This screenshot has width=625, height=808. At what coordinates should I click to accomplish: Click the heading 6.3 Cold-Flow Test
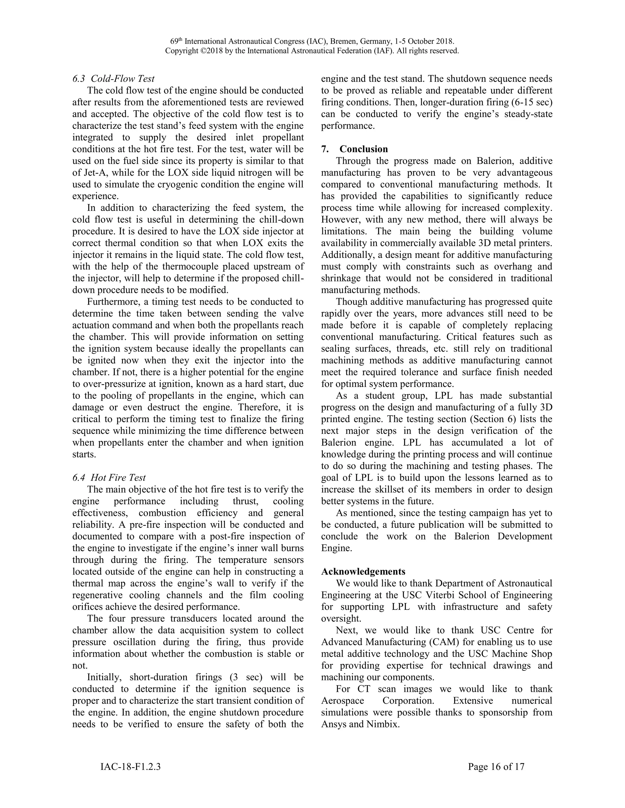[113, 79]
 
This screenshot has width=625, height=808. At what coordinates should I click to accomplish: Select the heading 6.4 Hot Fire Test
[109, 477]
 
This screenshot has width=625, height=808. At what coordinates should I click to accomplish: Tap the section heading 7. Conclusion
[354, 149]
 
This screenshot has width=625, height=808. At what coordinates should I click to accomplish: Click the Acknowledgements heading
[363, 572]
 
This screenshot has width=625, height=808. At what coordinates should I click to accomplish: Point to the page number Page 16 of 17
[496, 767]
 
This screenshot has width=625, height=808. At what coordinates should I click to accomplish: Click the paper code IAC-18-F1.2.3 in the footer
[130, 767]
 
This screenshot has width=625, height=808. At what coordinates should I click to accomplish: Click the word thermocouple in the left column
[215, 267]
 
